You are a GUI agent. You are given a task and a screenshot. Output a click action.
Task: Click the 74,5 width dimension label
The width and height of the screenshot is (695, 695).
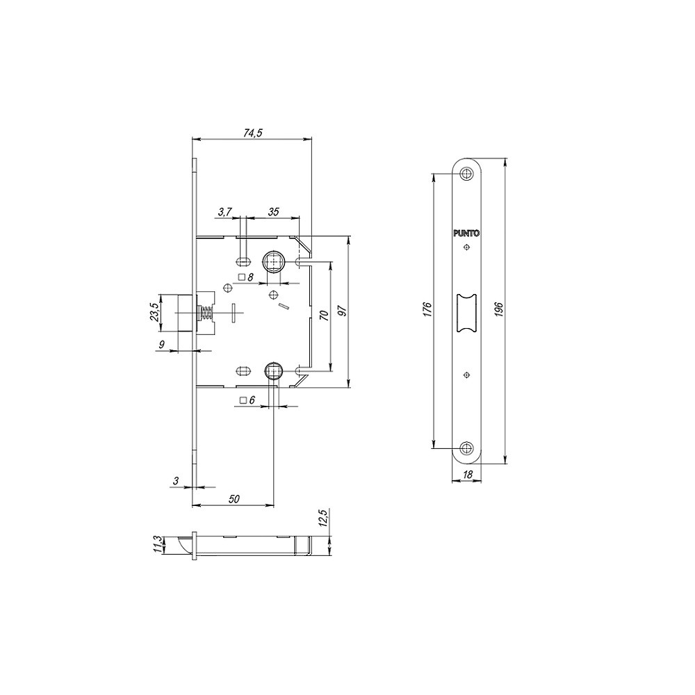point(252,133)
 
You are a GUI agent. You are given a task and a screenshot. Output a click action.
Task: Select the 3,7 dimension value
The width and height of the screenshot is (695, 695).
point(224,211)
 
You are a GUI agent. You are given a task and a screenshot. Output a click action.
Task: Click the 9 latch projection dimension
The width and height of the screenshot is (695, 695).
point(161,345)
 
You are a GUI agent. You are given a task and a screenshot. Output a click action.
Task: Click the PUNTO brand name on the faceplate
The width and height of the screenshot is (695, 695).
point(466,234)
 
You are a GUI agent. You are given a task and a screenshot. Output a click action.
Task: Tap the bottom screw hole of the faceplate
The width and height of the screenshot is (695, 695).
point(466,447)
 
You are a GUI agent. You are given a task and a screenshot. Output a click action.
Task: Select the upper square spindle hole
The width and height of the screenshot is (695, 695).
point(273,263)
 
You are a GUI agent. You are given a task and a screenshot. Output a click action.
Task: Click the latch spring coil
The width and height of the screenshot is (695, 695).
point(206,313)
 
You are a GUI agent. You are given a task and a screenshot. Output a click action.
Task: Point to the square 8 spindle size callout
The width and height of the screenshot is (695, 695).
point(245,277)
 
